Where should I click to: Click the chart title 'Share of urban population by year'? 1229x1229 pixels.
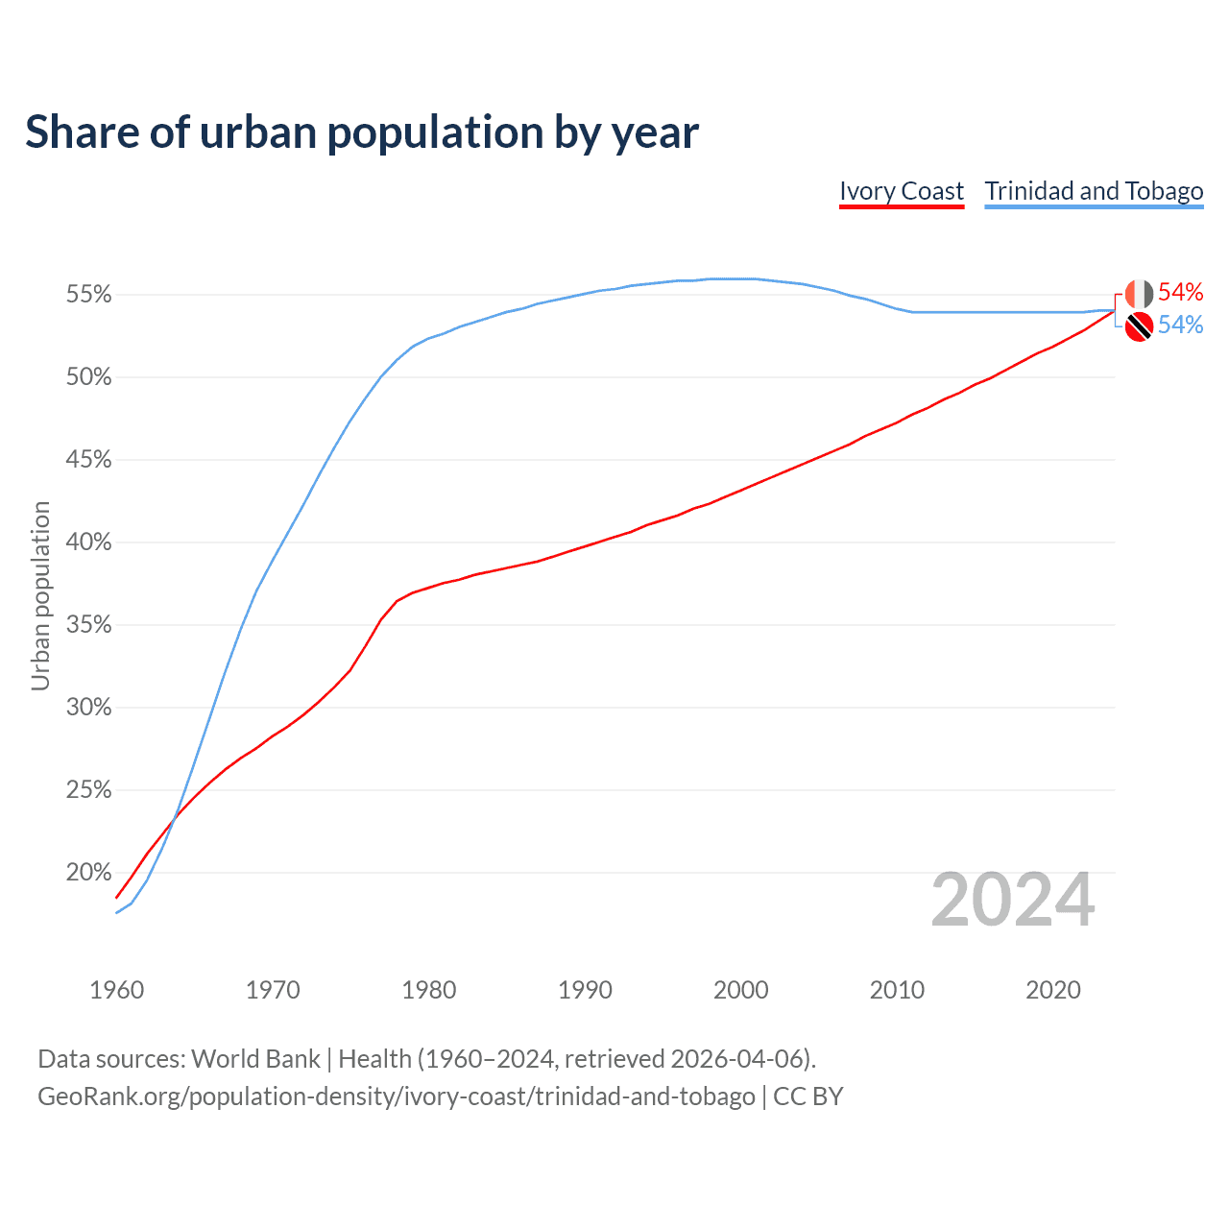[x=362, y=133]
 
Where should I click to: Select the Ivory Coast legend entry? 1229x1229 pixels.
[x=901, y=191]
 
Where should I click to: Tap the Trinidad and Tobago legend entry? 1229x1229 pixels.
[x=1094, y=191]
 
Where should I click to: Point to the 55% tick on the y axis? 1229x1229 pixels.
[x=88, y=295]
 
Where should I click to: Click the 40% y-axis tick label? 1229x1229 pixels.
[x=88, y=542]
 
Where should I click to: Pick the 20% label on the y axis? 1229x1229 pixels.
[x=88, y=873]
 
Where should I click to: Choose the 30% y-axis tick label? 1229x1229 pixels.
[x=88, y=708]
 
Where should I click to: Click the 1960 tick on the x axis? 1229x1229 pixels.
[x=116, y=990]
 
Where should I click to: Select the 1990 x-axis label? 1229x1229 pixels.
[x=585, y=990]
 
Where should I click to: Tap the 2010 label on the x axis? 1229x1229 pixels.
[x=897, y=990]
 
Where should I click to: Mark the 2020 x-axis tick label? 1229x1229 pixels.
[x=1053, y=990]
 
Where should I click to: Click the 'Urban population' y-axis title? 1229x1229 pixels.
[x=40, y=596]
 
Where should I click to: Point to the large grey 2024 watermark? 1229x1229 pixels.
[x=1012, y=901]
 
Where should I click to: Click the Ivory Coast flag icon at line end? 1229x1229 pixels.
[x=1139, y=294]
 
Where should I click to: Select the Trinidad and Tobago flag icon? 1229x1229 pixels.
[x=1139, y=326]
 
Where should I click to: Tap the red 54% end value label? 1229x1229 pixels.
[x=1180, y=292]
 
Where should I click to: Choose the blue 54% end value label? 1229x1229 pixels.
[x=1180, y=325]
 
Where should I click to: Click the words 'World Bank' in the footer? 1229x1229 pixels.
[x=255, y=1059]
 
